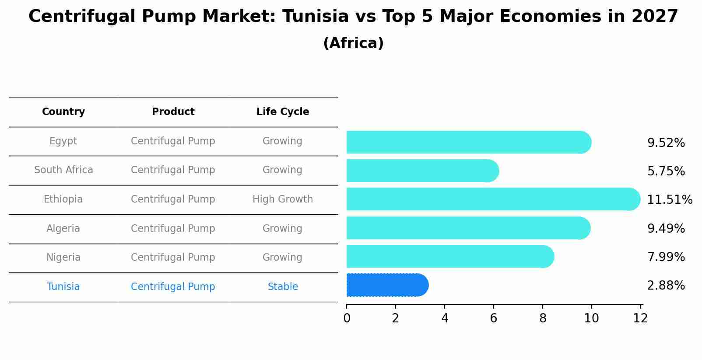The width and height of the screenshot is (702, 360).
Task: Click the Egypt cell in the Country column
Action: tap(63, 141)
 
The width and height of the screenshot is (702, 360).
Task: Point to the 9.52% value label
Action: tap(666, 143)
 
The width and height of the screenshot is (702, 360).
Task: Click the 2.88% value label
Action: tap(666, 286)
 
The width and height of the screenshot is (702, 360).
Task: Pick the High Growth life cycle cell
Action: tap(282, 199)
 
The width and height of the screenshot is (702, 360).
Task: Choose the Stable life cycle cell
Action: tap(283, 287)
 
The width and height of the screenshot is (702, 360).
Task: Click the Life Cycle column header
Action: tap(283, 112)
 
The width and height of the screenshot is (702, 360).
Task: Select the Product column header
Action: tap(173, 112)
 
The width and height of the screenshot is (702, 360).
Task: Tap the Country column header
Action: tap(63, 112)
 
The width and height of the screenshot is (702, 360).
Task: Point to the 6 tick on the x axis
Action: tap(494, 318)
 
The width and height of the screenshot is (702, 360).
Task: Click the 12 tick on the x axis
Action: tap(640, 318)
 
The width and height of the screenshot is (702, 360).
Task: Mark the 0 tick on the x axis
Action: tap(347, 318)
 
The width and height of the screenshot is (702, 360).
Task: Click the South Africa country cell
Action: tap(63, 170)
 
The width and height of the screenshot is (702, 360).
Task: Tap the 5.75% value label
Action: tap(666, 171)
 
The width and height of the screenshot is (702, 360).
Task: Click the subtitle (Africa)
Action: tap(353, 43)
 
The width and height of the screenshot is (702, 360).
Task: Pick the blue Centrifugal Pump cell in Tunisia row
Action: tap(173, 287)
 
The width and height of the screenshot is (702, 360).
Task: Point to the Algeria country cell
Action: tap(63, 229)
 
